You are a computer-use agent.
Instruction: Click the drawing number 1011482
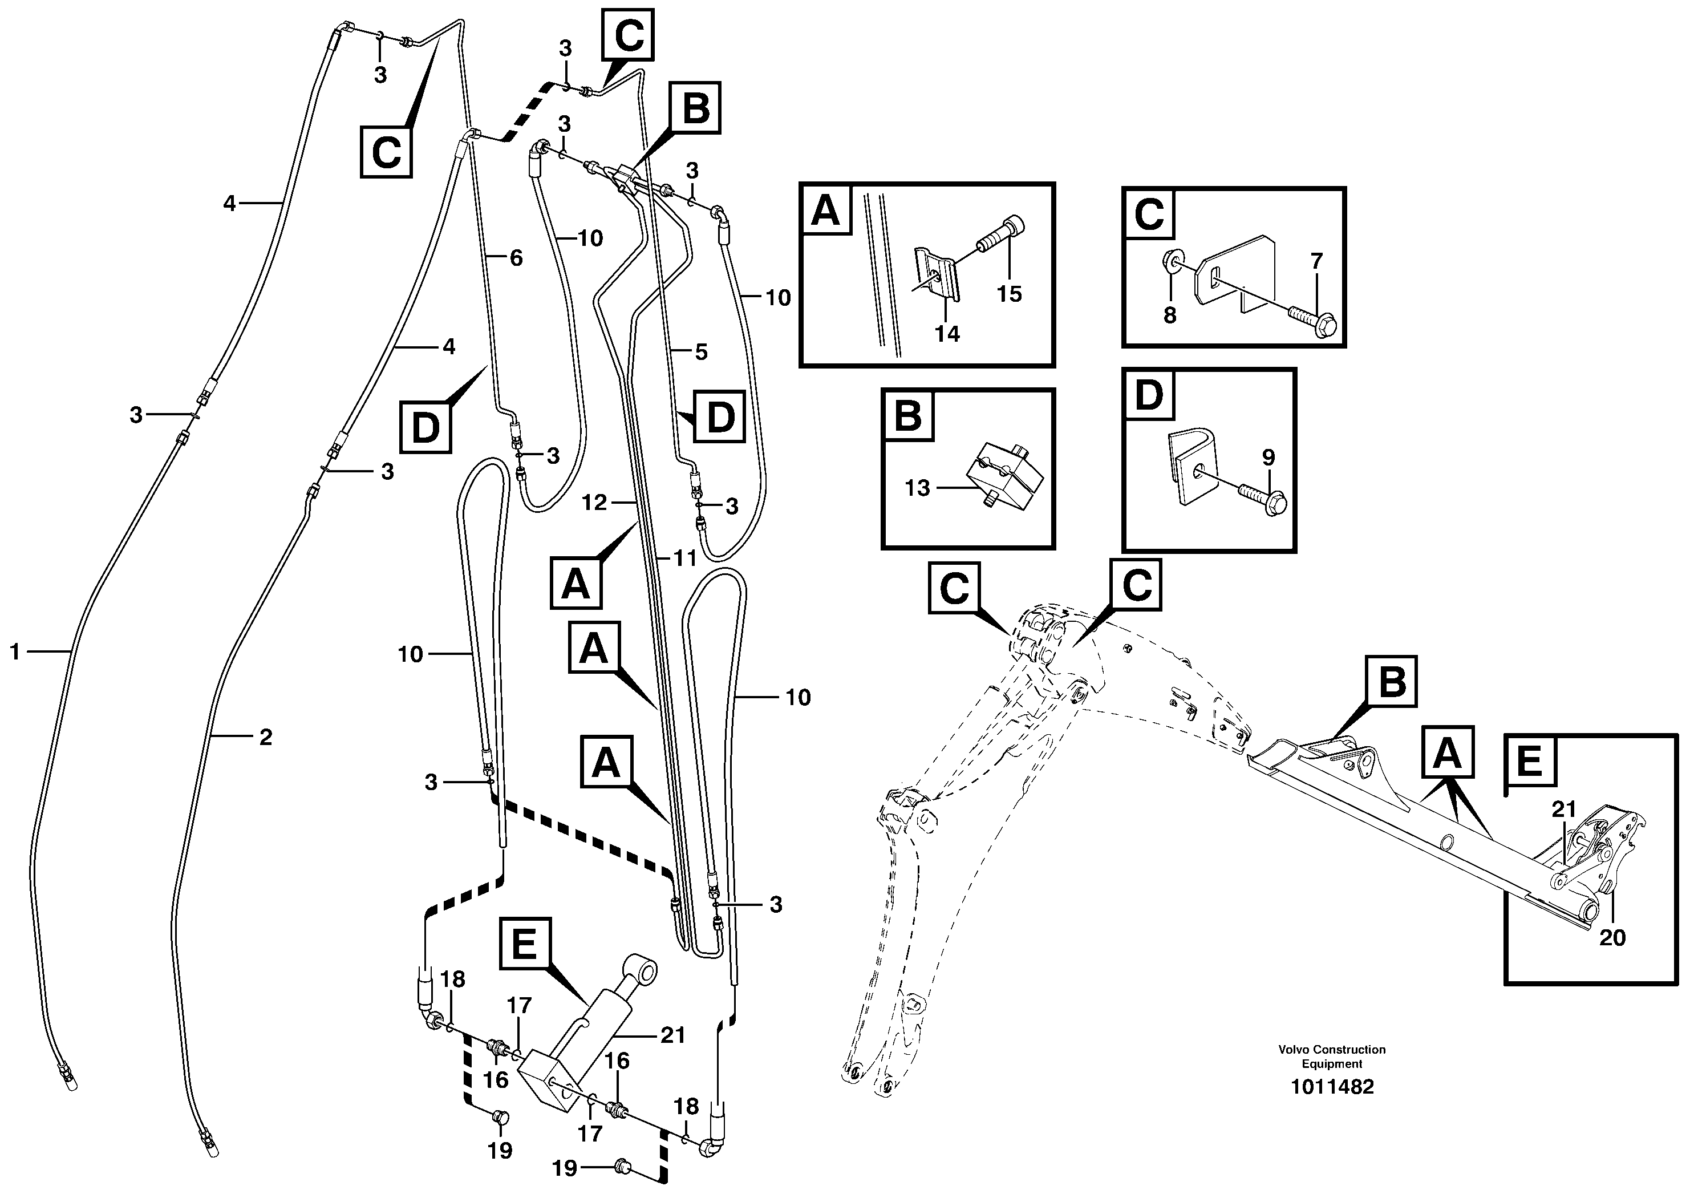click(1332, 1087)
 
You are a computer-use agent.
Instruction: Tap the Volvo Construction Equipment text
click(1332, 1056)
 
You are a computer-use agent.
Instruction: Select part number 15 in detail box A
click(1008, 294)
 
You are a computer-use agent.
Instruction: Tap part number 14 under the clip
click(946, 334)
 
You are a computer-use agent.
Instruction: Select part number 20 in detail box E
click(1612, 937)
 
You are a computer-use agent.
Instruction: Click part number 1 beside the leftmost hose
click(14, 652)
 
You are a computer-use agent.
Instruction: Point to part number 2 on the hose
click(265, 737)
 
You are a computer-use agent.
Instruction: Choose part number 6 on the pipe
click(516, 258)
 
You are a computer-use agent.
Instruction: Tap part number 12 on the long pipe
click(594, 503)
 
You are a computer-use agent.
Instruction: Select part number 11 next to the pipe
click(684, 558)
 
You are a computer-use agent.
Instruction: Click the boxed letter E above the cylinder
click(525, 944)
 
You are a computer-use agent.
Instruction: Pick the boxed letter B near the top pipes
click(695, 108)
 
